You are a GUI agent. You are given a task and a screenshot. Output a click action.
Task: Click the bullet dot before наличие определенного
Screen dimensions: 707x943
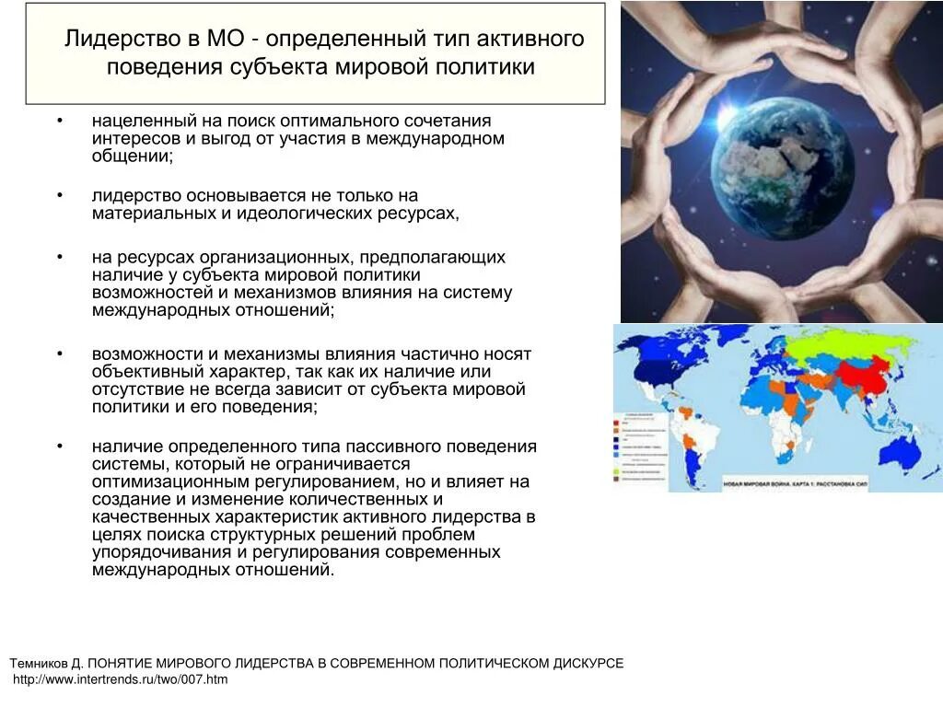point(59,446)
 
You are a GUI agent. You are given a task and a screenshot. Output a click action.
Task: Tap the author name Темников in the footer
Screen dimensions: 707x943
point(43,663)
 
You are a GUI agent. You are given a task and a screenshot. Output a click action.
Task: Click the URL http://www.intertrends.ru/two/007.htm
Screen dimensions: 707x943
point(120,679)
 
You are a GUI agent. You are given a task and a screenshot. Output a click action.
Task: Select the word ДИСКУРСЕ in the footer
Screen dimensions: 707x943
point(588,663)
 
